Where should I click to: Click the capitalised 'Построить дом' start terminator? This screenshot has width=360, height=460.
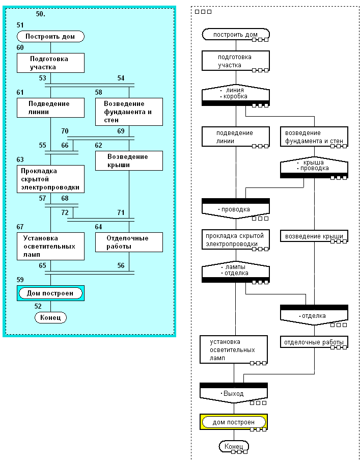coord(50,37)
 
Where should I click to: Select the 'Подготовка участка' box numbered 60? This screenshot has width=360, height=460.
coord(50,63)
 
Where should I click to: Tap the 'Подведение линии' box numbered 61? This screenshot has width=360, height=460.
coord(50,108)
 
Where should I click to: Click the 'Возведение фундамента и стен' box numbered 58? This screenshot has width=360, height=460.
coord(129,112)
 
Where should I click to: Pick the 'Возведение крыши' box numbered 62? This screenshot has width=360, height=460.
coord(129,160)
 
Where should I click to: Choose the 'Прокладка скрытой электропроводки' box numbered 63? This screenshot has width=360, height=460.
coord(50,179)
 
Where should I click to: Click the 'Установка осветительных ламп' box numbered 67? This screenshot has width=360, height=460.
coord(50,246)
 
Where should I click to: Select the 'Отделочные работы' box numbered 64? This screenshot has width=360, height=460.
coord(129,242)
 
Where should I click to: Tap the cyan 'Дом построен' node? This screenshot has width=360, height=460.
coord(50,293)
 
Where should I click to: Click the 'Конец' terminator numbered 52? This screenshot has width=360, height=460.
coord(50,317)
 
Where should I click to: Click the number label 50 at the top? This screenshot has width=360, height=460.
coord(40,14)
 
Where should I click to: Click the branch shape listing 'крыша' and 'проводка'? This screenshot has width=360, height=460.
coord(314,167)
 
